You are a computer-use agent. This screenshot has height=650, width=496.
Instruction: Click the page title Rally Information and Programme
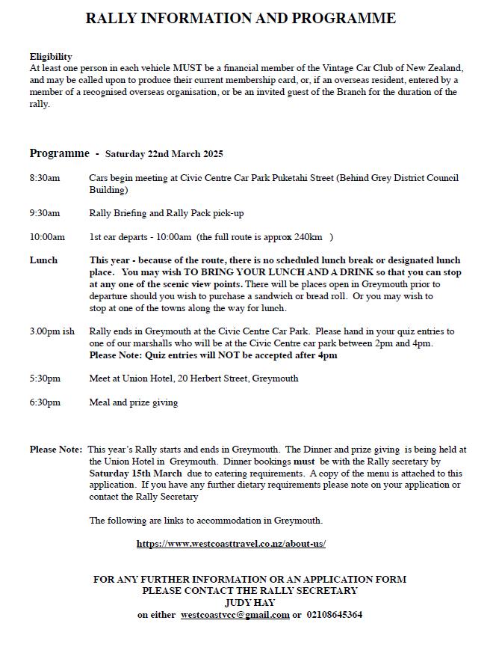tap(241, 18)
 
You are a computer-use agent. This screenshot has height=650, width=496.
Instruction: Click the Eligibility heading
tap(51, 57)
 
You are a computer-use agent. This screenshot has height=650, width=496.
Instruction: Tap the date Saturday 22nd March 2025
tap(164, 154)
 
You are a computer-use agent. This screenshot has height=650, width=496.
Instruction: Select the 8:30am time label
tap(45, 178)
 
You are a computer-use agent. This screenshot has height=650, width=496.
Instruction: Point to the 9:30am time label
tap(45, 213)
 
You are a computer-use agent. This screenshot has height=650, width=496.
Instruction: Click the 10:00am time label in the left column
tap(47, 237)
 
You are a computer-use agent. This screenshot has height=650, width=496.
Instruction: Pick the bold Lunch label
tap(43, 260)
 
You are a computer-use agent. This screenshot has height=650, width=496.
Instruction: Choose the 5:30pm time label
tap(45, 378)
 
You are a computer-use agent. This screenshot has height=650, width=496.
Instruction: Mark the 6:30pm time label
tap(45, 402)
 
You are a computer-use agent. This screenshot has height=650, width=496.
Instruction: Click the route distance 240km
tap(309, 237)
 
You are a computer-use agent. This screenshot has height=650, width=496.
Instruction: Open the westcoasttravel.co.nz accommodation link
tap(231, 544)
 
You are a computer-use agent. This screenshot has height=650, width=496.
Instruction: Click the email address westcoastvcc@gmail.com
tap(235, 615)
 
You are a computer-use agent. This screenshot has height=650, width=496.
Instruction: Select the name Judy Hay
tap(249, 602)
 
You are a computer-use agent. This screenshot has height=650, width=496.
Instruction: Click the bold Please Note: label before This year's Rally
tap(56, 450)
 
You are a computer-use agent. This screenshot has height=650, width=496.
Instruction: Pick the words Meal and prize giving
tap(133, 402)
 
